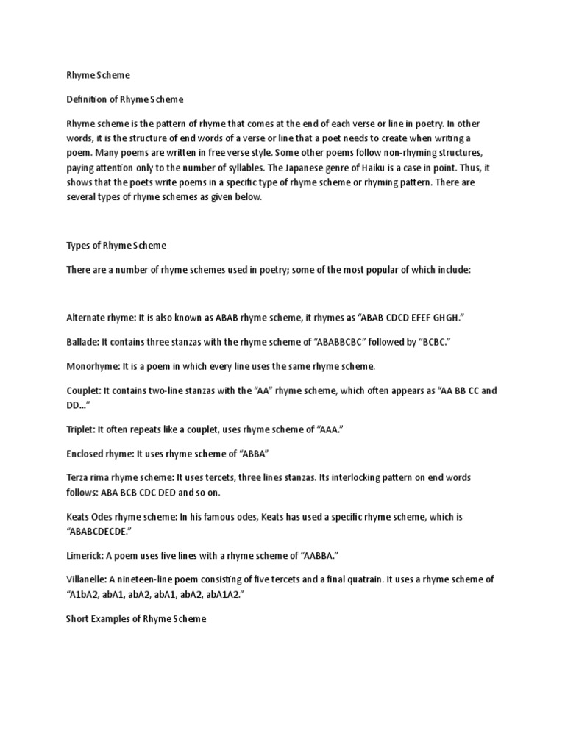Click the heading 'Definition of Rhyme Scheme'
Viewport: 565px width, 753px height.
tap(124, 99)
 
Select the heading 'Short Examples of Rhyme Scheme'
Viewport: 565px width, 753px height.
tap(136, 619)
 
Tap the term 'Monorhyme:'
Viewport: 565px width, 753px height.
tap(92, 365)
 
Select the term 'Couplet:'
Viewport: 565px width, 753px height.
tap(84, 390)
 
